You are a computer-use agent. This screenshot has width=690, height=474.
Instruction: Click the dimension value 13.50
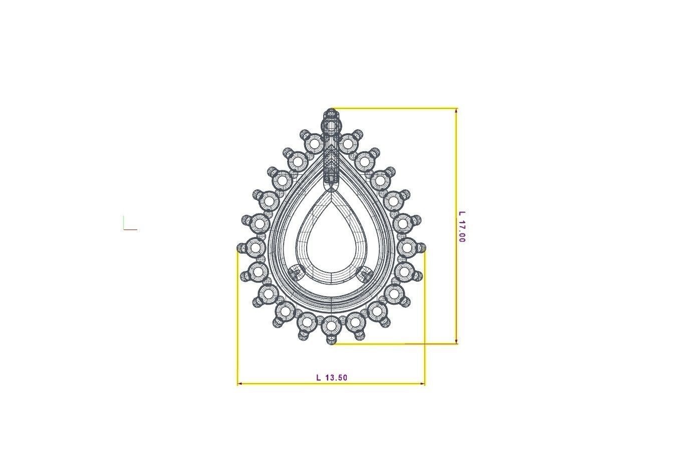(336, 377)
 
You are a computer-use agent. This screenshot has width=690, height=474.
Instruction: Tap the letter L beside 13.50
(319, 377)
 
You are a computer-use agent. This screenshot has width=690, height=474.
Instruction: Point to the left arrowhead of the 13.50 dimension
(240, 384)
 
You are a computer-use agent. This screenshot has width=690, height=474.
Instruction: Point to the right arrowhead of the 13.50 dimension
(422, 384)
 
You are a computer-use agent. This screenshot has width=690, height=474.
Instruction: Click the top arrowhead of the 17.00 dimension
(456, 111)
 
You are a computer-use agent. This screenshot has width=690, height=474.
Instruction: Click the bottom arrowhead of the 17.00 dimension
(456, 341)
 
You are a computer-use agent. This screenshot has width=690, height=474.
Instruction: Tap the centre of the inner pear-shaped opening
(331, 243)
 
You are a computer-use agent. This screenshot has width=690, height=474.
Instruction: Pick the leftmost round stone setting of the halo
(256, 247)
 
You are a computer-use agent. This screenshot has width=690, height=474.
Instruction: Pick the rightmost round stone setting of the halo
(406, 247)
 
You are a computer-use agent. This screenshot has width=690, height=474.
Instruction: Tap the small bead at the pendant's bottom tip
(331, 341)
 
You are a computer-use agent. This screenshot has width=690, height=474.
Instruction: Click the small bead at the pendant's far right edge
(422, 247)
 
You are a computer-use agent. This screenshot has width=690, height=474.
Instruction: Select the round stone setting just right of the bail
(347, 143)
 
